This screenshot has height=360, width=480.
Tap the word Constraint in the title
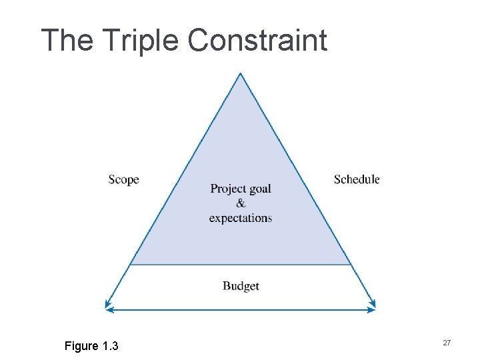(x=257, y=40)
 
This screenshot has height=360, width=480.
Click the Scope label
(x=123, y=179)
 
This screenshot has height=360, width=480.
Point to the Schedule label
(x=357, y=179)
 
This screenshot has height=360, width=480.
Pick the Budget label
(x=241, y=286)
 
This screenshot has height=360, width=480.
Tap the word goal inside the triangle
(x=260, y=189)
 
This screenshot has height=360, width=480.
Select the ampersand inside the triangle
(x=241, y=203)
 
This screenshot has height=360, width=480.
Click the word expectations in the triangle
(x=241, y=218)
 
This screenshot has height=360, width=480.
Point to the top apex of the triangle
(x=240, y=73)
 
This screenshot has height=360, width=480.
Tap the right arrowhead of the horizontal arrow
(x=372, y=309)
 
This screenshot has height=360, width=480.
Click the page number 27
(x=447, y=343)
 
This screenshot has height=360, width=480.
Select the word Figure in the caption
(x=81, y=346)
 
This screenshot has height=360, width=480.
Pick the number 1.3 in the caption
(x=111, y=346)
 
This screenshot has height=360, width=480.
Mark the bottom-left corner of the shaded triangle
(x=129, y=265)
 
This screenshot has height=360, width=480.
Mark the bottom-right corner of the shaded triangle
(x=351, y=265)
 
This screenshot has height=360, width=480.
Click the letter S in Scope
(x=111, y=179)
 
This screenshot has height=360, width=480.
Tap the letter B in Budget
(x=226, y=286)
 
